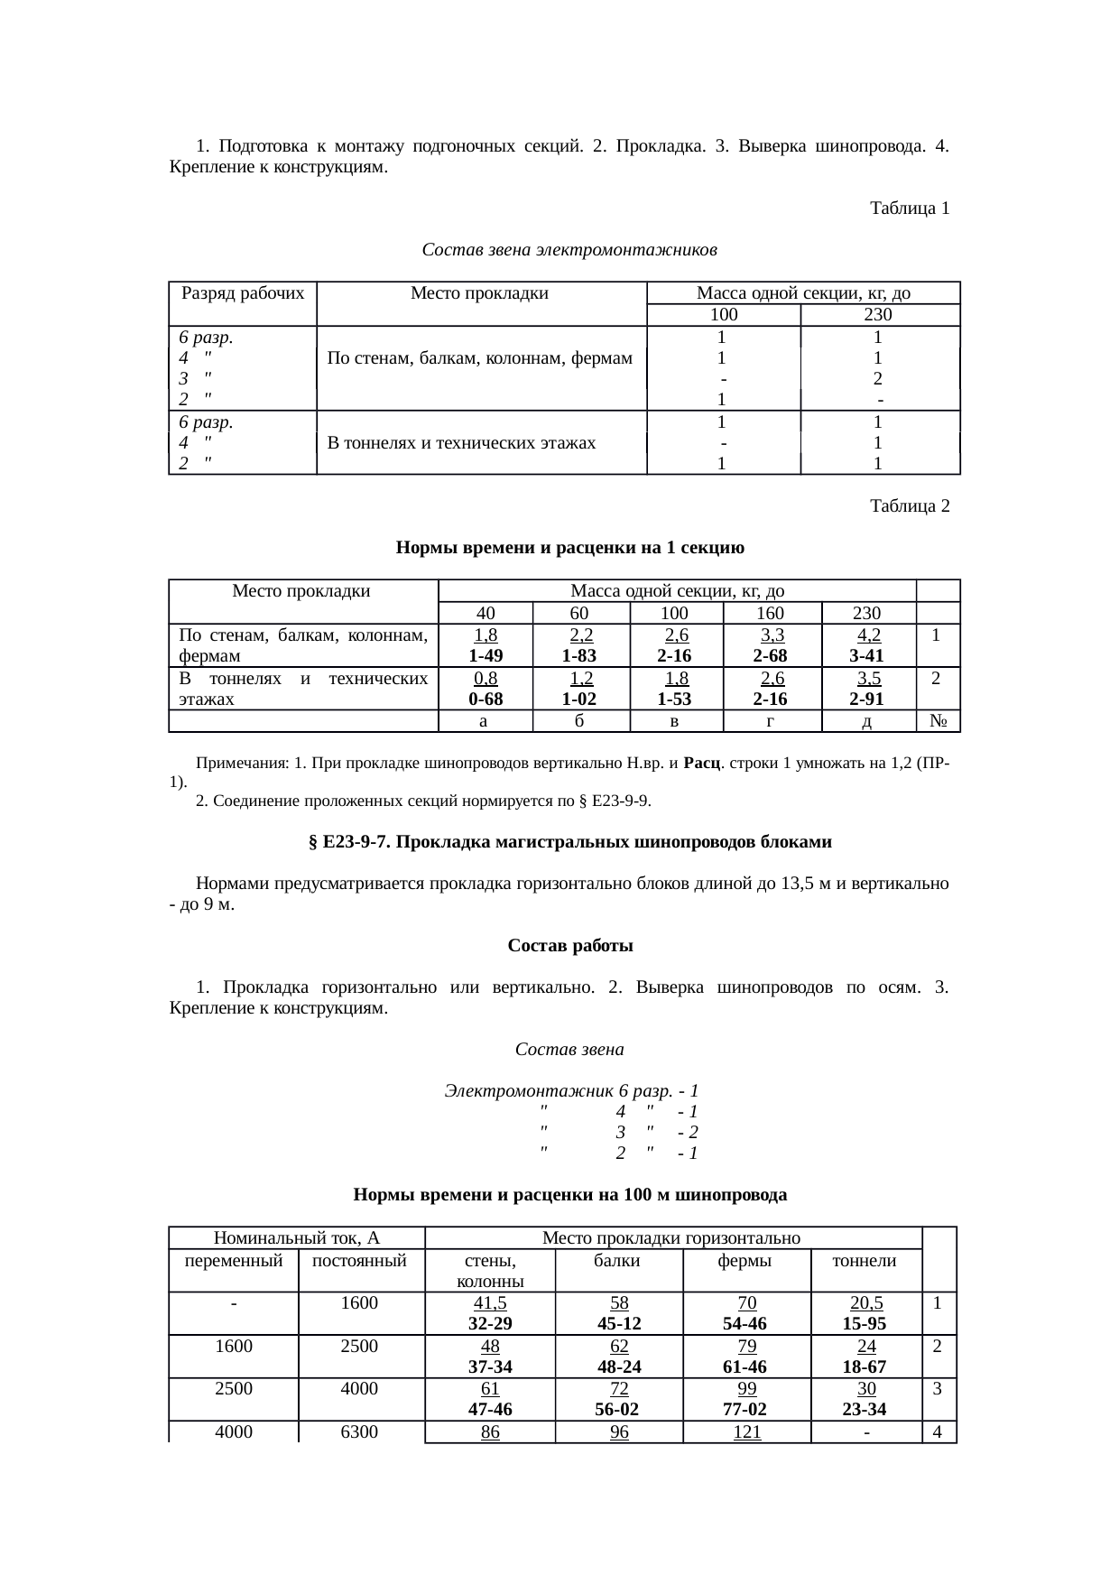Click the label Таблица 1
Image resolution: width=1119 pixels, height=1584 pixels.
tap(909, 208)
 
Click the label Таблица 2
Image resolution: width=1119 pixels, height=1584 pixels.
tap(909, 505)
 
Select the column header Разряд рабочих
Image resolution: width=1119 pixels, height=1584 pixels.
tap(243, 292)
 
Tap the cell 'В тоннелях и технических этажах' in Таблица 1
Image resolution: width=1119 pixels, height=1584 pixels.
tap(461, 442)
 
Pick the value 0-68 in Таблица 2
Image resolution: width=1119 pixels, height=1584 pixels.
tap(486, 699)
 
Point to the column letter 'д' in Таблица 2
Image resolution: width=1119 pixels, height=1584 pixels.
tap(867, 721)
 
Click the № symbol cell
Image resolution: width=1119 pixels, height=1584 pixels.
tap(938, 721)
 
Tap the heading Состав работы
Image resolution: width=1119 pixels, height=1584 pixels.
tap(569, 946)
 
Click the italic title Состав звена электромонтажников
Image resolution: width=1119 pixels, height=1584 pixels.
tap(569, 248)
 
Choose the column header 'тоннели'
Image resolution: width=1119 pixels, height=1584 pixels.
tap(865, 1261)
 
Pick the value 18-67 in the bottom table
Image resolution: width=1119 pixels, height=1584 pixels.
tap(865, 1366)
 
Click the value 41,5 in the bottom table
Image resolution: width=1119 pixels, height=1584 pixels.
tap(490, 1303)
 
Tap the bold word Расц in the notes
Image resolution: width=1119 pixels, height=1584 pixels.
tap(700, 763)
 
